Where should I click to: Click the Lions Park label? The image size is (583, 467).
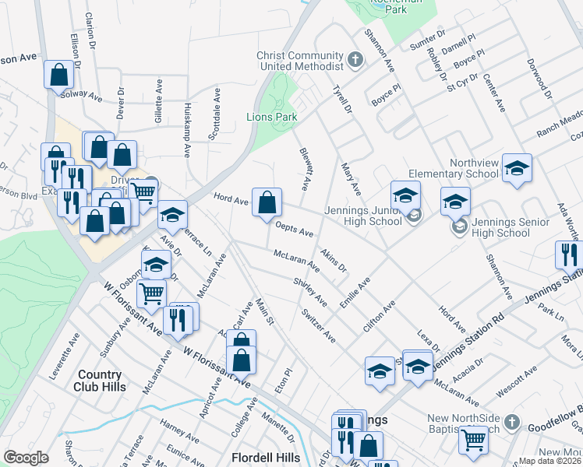pyautogui.click(x=272, y=118)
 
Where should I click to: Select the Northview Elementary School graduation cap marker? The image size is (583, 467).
pyautogui.click(x=517, y=169)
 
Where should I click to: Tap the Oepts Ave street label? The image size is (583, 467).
pyautogui.click(x=295, y=229)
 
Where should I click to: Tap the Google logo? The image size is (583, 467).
pyautogui.click(x=26, y=458)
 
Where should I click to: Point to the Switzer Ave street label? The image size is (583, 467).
pyautogui.click(x=319, y=325)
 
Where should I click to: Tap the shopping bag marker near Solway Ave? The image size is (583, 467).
pyautogui.click(x=59, y=75)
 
